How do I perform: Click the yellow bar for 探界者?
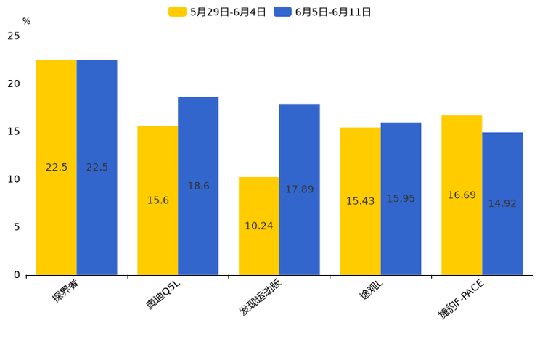pyautogui.click(x=56, y=167)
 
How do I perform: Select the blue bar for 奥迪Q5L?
pyautogui.click(x=198, y=186)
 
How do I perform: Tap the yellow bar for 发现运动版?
pyautogui.click(x=259, y=226)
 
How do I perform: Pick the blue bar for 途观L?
pyautogui.click(x=401, y=198)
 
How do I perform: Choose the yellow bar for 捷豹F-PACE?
pyautogui.click(x=462, y=195)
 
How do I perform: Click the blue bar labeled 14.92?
pyautogui.click(x=502, y=203)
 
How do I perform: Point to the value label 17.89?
pyautogui.click(x=300, y=189)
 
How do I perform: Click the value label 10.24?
pyautogui.click(x=259, y=226)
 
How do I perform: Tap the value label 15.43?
pyautogui.click(x=360, y=201)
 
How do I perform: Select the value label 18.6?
pyautogui.click(x=198, y=186)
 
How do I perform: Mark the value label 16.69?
pyautogui.click(x=462, y=195)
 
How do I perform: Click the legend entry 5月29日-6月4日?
pyautogui.click(x=218, y=12)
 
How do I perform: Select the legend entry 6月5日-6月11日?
pyautogui.click(x=323, y=12)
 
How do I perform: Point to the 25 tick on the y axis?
pyautogui.click(x=14, y=36)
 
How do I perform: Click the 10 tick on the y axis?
pyautogui.click(x=14, y=179)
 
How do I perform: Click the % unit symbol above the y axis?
pyautogui.click(x=26, y=22)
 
